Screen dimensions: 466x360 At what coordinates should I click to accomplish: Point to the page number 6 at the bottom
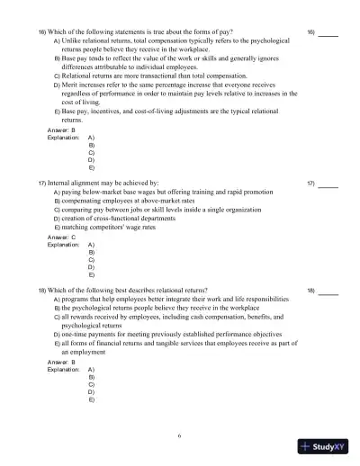179,435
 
